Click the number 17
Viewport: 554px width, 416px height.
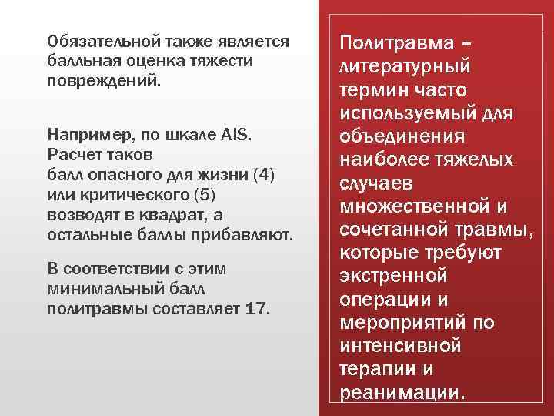(x=255, y=307)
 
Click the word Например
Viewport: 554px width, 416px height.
(x=85, y=136)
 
